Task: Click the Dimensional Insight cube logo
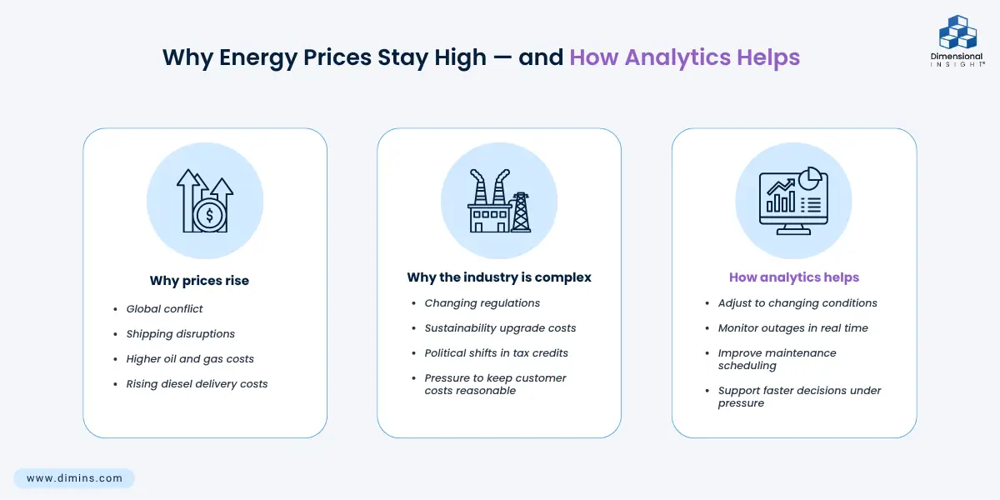[957, 32]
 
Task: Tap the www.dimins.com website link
[74, 478]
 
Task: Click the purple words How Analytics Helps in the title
[684, 57]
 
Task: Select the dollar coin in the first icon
[209, 216]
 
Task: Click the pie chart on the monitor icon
[810, 178]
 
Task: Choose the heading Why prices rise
[199, 280]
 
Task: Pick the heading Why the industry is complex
[499, 277]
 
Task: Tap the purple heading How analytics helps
[793, 277]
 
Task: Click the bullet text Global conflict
[164, 309]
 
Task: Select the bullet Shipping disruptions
[180, 334]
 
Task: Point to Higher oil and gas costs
[190, 359]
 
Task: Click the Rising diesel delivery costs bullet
[197, 384]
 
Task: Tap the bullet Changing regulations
[482, 303]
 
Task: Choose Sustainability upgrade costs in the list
[500, 328]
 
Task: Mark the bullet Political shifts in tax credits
[496, 353]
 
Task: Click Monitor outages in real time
[792, 328]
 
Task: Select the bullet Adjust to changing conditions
[797, 303]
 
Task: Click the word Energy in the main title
[258, 58]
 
